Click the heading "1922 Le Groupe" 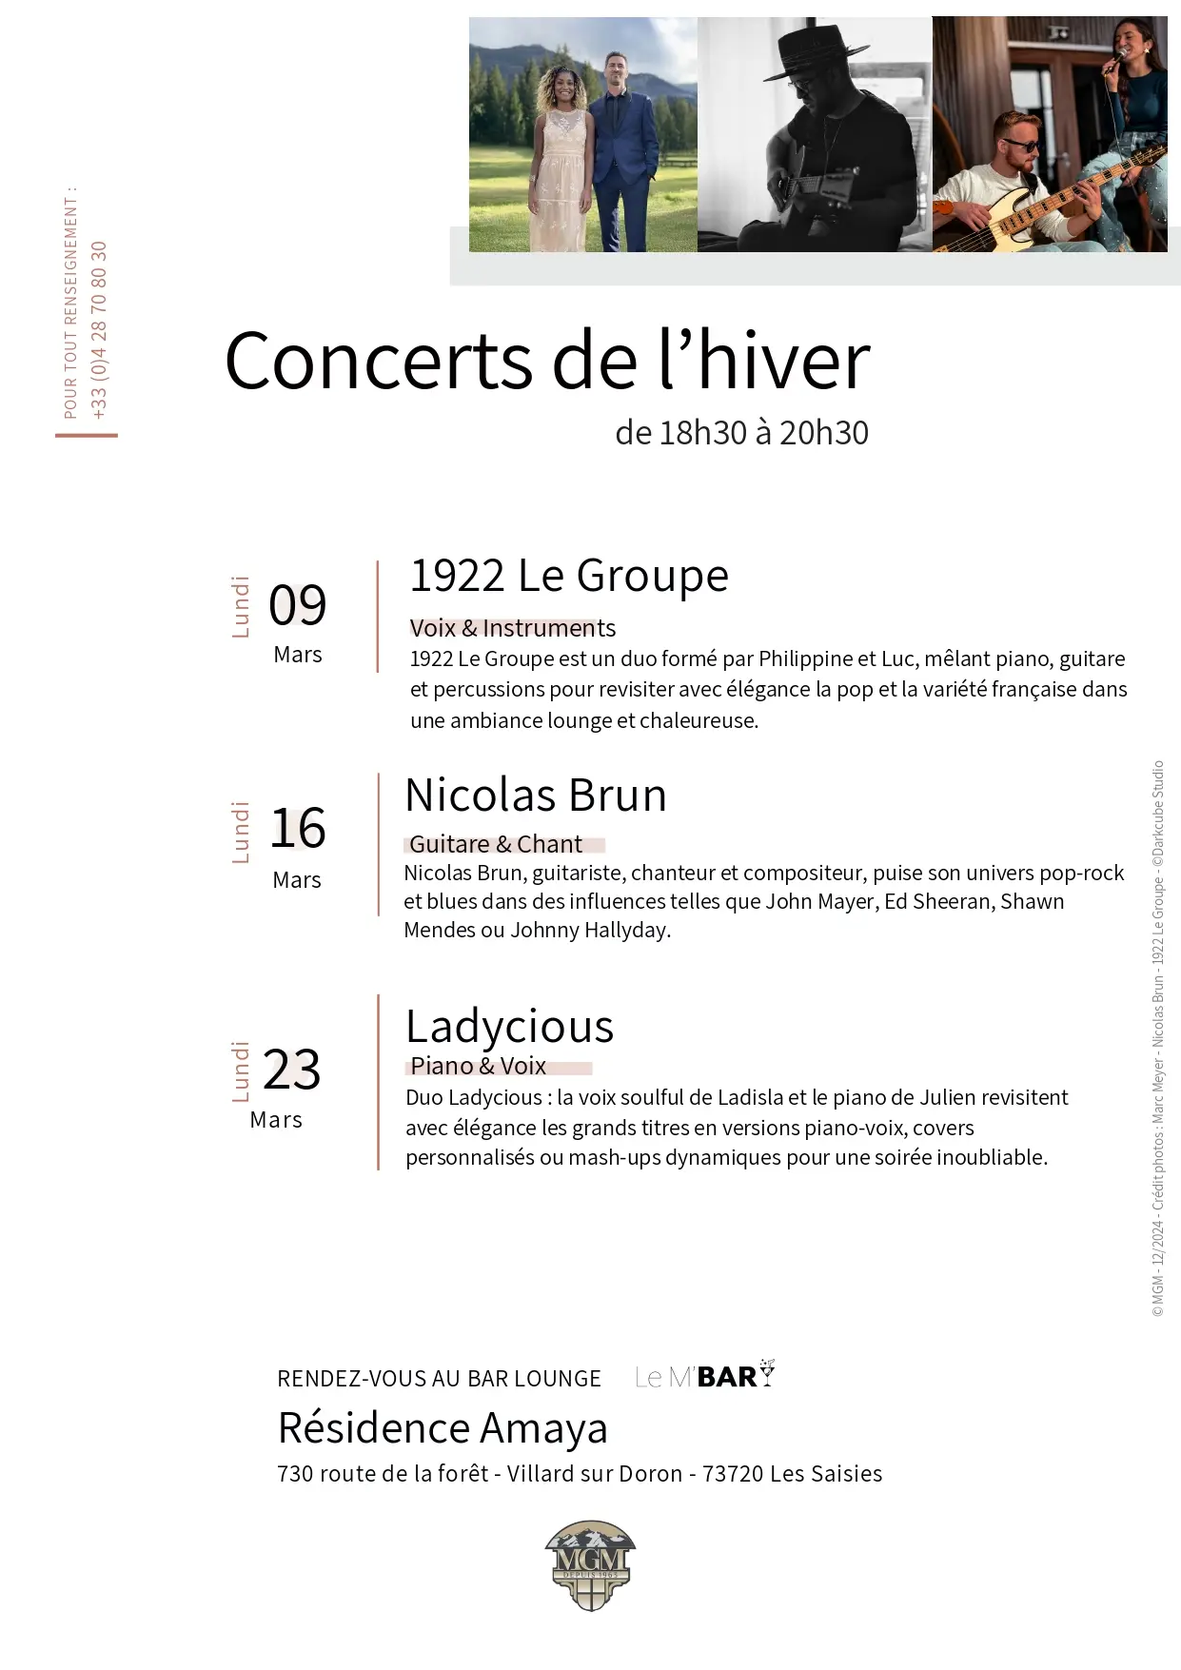coord(568,576)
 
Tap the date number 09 coord(297,605)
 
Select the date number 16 coord(298,828)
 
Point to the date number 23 coord(291,1070)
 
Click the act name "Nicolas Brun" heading coord(536,796)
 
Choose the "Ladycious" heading coord(509,1027)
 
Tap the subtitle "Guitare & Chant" coord(496,844)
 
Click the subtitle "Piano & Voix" coord(478,1066)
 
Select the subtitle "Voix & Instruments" coord(512,628)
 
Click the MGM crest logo coord(590,1564)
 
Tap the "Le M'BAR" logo coord(705,1376)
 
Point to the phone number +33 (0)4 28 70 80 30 coord(100,329)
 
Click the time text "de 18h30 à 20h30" coord(741,433)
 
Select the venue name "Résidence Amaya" coord(443,1428)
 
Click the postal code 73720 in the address coord(733,1474)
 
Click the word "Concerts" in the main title coord(378,362)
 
